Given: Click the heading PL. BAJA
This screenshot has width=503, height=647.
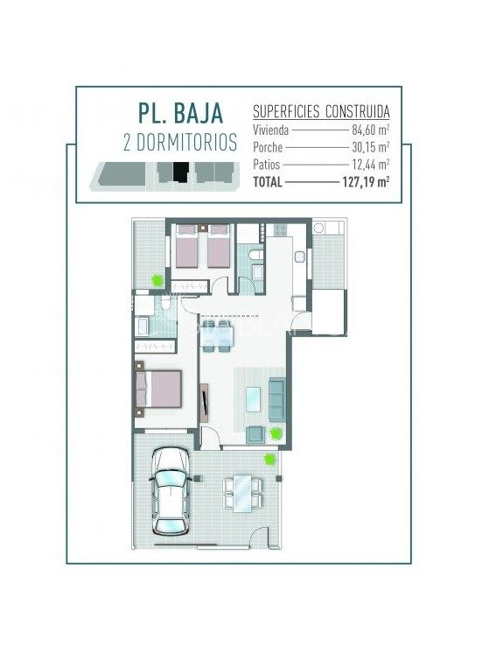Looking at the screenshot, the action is [x=180, y=113].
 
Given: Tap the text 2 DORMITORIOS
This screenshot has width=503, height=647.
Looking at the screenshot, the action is [x=180, y=142].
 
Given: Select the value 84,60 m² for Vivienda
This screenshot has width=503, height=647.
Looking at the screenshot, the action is [x=371, y=130].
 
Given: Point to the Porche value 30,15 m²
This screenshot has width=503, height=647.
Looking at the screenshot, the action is [x=371, y=147].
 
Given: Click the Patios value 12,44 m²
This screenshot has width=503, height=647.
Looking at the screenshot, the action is [x=371, y=165].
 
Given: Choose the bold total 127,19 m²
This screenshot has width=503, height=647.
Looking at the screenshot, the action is [x=367, y=181].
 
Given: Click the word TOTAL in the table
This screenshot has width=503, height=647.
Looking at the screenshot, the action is [x=268, y=181].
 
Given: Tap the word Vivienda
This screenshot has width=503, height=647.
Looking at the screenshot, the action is [x=270, y=130].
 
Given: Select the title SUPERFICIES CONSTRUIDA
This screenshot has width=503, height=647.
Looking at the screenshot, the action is [x=321, y=111].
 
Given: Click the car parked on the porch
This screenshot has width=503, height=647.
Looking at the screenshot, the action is [x=171, y=491].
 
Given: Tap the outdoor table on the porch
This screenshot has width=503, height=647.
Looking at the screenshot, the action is [x=242, y=493].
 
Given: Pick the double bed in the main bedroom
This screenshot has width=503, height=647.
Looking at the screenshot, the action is [x=158, y=389].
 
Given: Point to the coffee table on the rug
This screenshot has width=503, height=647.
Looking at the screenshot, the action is [x=254, y=399].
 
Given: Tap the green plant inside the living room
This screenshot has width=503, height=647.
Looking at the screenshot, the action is [x=275, y=433].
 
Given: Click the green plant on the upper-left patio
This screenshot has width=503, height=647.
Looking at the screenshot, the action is [x=157, y=281].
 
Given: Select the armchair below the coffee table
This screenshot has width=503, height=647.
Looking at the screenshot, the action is [x=255, y=435].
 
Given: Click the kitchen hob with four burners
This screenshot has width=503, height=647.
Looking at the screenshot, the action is [x=280, y=229].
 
